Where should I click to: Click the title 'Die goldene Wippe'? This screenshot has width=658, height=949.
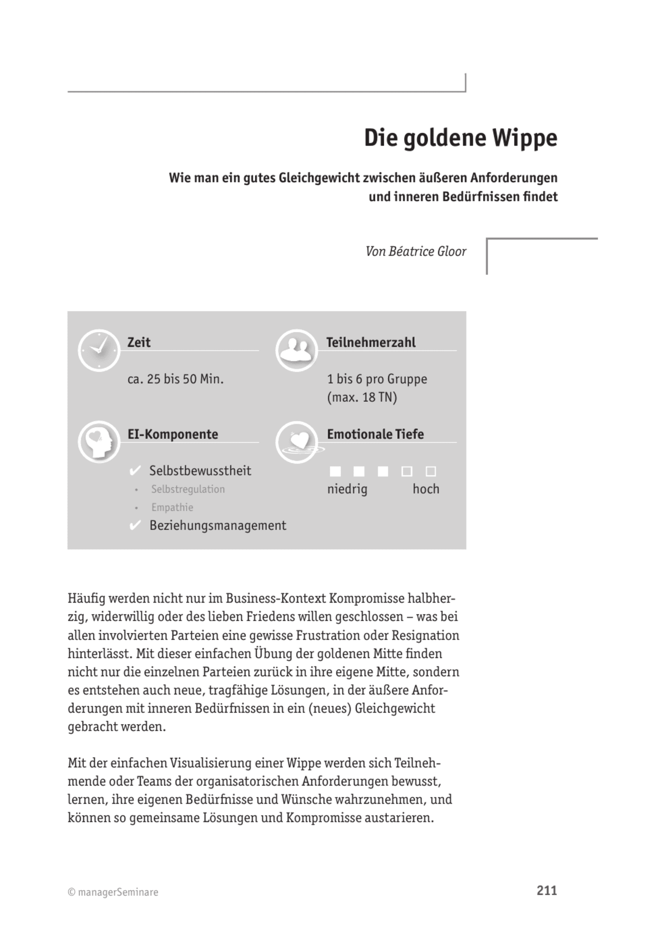click(460, 138)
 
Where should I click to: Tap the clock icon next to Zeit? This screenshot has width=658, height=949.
click(99, 350)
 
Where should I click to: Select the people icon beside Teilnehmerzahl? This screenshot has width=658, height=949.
click(297, 350)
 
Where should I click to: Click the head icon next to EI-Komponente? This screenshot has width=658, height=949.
click(99, 442)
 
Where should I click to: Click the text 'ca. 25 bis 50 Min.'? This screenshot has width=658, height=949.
click(175, 379)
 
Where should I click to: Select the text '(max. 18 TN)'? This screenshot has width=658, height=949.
click(362, 398)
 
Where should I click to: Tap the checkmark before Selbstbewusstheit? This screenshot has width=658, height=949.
click(135, 471)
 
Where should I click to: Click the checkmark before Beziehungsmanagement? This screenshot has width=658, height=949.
click(135, 526)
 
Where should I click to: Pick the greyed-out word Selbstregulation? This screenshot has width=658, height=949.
click(188, 489)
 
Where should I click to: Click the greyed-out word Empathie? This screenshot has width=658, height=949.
click(172, 507)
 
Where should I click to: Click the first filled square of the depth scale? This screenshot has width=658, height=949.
click(335, 471)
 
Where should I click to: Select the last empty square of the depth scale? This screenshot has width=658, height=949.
click(431, 471)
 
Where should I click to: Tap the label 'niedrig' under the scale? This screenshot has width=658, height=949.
click(347, 489)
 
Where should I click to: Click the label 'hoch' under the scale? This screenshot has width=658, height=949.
click(426, 489)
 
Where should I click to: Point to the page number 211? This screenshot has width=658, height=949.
click(546, 891)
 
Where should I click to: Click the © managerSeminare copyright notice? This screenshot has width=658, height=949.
click(113, 892)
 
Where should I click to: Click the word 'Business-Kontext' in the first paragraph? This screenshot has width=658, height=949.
click(276, 599)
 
